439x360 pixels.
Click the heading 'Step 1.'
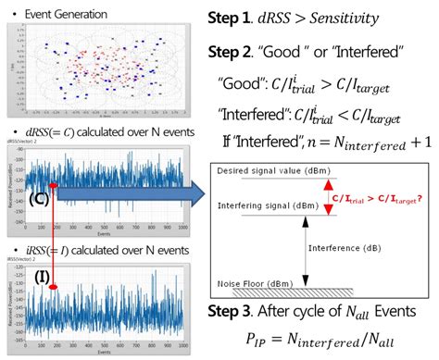coord(236,19)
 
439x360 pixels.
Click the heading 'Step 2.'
coord(236,52)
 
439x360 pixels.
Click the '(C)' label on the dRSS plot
coord(39,172)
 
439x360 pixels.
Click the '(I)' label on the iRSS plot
coord(41,276)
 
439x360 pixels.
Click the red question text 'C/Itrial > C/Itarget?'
coord(381,198)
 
